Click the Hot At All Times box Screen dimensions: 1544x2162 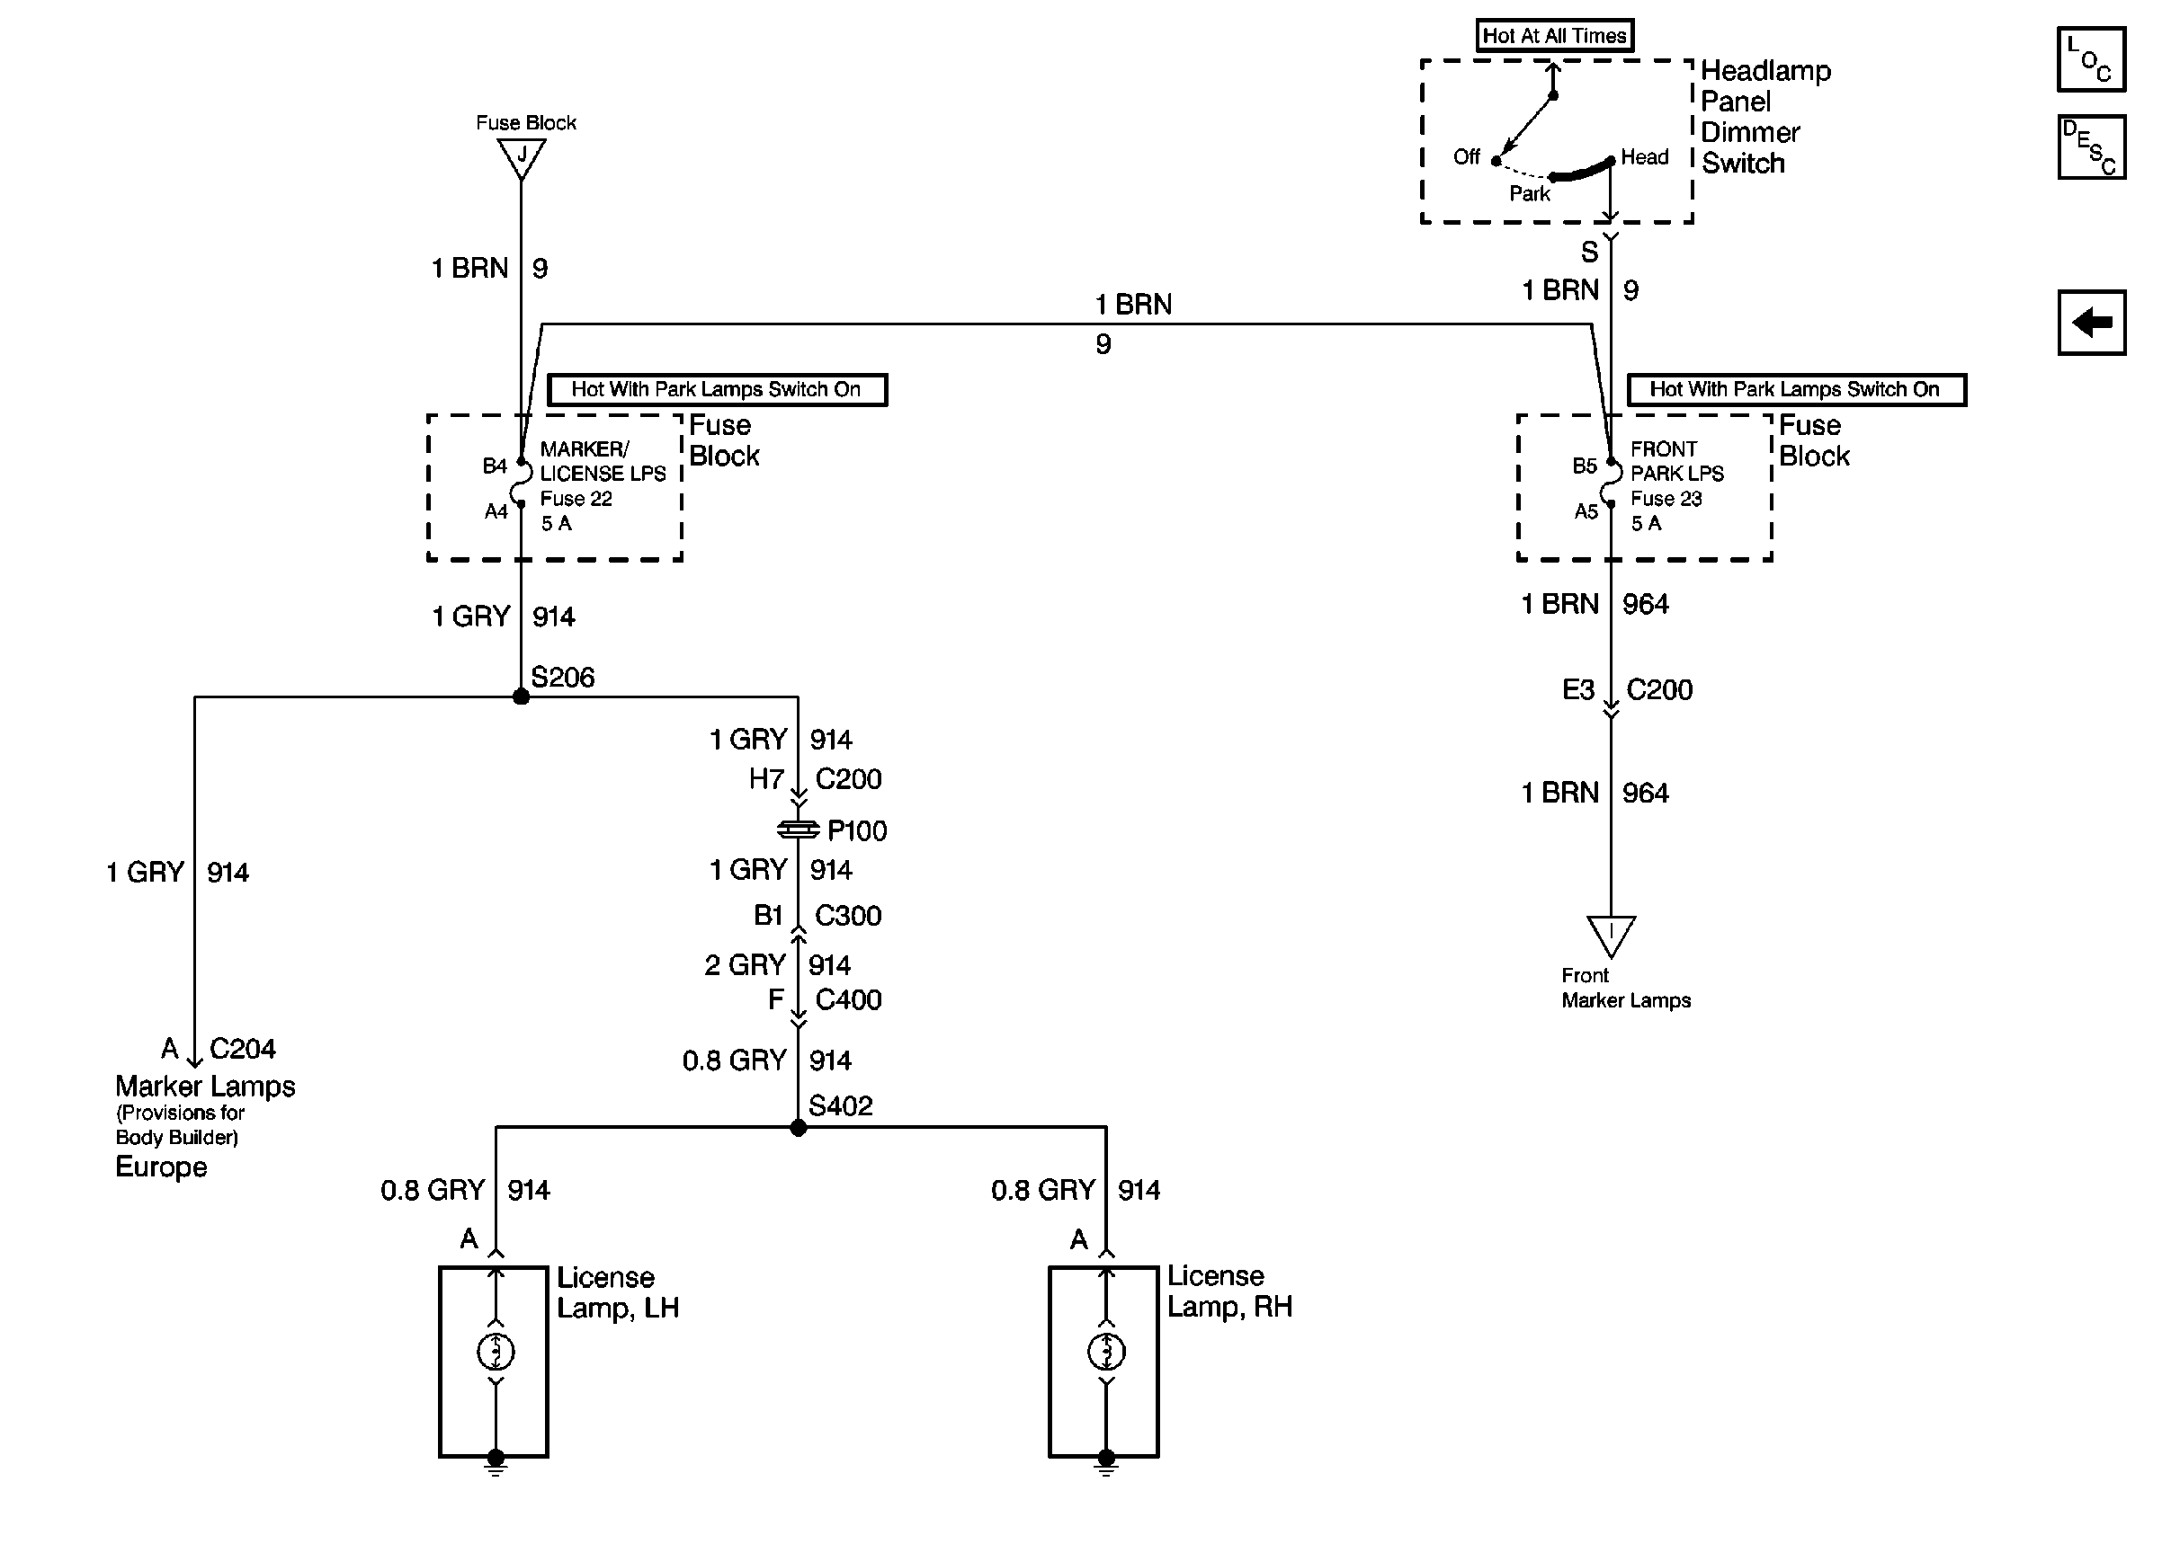point(1554,36)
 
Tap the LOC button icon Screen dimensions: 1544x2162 point(2091,59)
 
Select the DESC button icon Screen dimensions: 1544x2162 point(2091,147)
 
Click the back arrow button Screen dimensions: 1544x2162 point(2091,323)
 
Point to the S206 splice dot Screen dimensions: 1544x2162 point(521,697)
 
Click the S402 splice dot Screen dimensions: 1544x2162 point(798,1128)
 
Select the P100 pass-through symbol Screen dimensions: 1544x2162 point(798,830)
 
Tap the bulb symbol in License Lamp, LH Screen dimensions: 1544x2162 point(496,1351)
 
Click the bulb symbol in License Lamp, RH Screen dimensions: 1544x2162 point(1105,1351)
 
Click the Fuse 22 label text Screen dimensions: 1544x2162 point(576,498)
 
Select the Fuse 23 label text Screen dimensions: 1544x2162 point(1666,498)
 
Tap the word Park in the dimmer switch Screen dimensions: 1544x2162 point(1530,194)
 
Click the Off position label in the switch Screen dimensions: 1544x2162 point(1466,157)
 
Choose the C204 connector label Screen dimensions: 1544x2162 point(243,1049)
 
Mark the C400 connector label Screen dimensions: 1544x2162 point(848,999)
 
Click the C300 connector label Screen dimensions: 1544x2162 point(848,916)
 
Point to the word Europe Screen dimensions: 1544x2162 point(161,1167)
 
